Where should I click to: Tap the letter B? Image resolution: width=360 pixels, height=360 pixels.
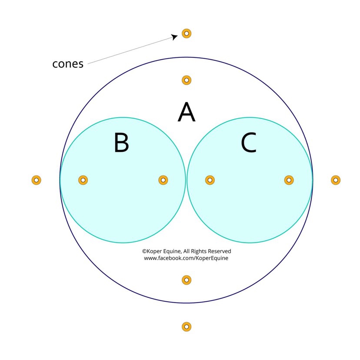[x=121, y=143]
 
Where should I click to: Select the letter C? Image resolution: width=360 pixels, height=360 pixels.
[x=249, y=143]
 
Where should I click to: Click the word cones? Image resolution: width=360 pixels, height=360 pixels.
[x=68, y=63]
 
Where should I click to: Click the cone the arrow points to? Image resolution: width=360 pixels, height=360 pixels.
[x=187, y=33]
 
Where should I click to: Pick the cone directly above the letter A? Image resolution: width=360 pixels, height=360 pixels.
[x=187, y=80]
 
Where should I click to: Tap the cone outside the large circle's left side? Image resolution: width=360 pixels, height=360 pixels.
[x=37, y=180]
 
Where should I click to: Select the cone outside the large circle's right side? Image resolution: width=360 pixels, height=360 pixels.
[x=335, y=180]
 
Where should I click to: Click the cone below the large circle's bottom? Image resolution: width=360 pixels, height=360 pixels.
[x=187, y=327]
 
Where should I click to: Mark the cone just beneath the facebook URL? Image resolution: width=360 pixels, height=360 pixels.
[x=187, y=280]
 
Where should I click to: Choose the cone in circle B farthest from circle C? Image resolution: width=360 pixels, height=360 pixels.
[x=83, y=180]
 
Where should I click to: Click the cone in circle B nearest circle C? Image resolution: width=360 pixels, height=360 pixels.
[x=163, y=180]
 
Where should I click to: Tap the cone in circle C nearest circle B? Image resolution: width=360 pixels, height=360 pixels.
[x=210, y=180]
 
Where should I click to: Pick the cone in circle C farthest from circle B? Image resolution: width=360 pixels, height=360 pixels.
[x=289, y=180]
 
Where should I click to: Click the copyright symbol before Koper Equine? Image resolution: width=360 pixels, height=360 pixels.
[x=144, y=251]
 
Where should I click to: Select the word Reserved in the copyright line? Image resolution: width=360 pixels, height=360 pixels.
[x=220, y=251]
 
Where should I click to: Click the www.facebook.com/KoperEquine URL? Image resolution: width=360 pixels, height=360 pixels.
[x=186, y=258]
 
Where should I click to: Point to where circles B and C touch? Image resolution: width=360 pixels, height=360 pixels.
[x=187, y=180]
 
